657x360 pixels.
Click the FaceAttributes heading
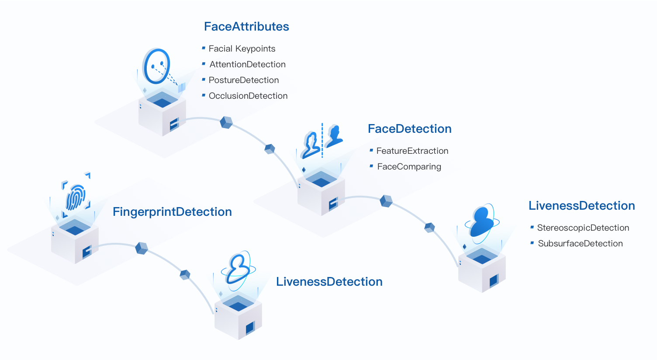click(246, 27)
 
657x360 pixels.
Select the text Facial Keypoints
click(242, 48)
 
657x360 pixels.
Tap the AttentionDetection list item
click(247, 64)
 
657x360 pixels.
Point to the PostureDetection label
click(244, 80)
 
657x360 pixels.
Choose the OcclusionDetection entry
click(248, 96)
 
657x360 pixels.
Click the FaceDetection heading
click(409, 129)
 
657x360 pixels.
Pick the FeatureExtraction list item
click(412, 151)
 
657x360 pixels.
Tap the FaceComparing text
click(409, 166)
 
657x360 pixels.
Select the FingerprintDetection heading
click(172, 212)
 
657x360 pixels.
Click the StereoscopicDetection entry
click(583, 228)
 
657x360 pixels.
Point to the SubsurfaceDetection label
click(581, 243)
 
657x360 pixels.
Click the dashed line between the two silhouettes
click(322, 140)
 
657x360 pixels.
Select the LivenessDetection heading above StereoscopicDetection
click(581, 206)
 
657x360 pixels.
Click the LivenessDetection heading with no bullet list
click(329, 282)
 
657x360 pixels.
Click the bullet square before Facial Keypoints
click(204, 48)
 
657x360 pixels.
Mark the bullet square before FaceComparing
click(371, 166)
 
